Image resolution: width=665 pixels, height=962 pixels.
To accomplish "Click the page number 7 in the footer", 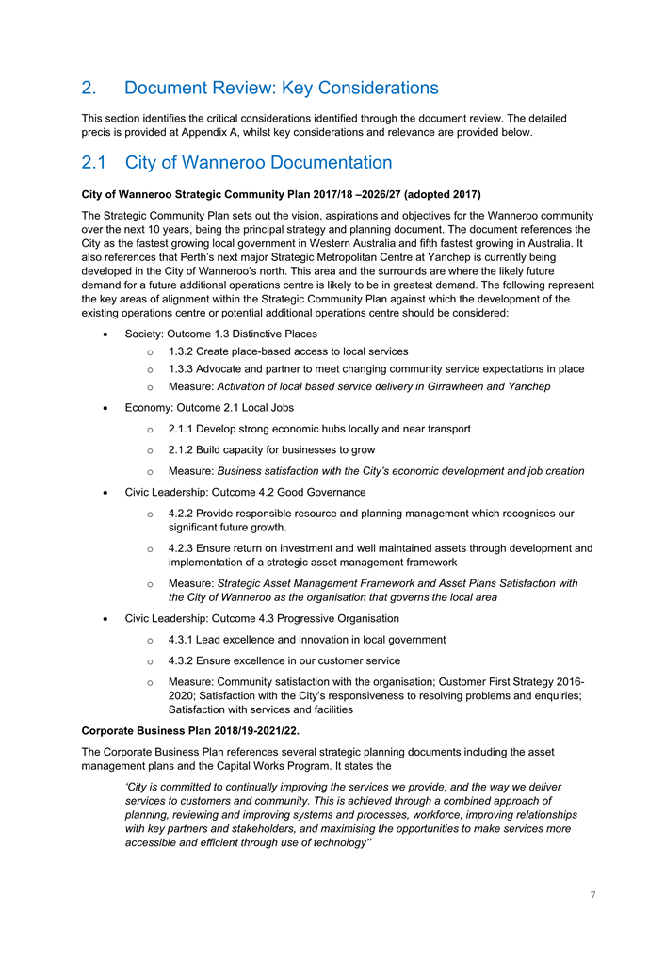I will [592, 895].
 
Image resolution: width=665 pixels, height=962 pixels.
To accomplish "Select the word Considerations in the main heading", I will [379, 88].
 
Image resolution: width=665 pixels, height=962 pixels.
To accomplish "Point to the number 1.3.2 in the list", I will [184, 351].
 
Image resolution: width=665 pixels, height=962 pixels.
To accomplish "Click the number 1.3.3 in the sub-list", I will [184, 368].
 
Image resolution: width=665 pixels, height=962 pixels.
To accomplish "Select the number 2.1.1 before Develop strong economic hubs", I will [184, 429].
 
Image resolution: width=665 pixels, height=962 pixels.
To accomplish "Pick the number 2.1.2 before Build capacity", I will [184, 449].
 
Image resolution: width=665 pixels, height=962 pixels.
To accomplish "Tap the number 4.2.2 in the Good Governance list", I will [184, 514].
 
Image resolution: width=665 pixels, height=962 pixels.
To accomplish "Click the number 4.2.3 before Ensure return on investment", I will [184, 548].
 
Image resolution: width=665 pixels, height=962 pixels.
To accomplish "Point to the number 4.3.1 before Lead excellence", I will [184, 640].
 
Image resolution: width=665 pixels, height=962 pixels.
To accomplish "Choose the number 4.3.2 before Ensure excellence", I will [184, 660].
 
